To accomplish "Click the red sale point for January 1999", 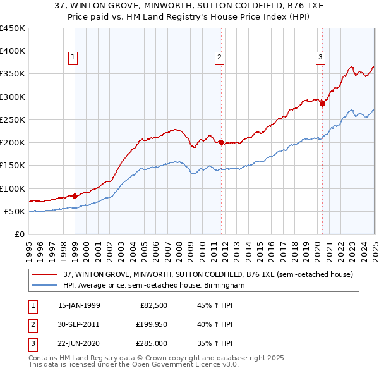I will [x=75, y=196].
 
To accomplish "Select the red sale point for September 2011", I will [x=222, y=143].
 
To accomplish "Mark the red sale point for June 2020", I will [x=322, y=104].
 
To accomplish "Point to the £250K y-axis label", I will [x=12, y=119].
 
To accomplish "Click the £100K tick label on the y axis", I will [x=12, y=188].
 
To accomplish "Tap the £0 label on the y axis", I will [x=20, y=234].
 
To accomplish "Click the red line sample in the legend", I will [x=45, y=274].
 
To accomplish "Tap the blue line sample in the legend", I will [x=45, y=285].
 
